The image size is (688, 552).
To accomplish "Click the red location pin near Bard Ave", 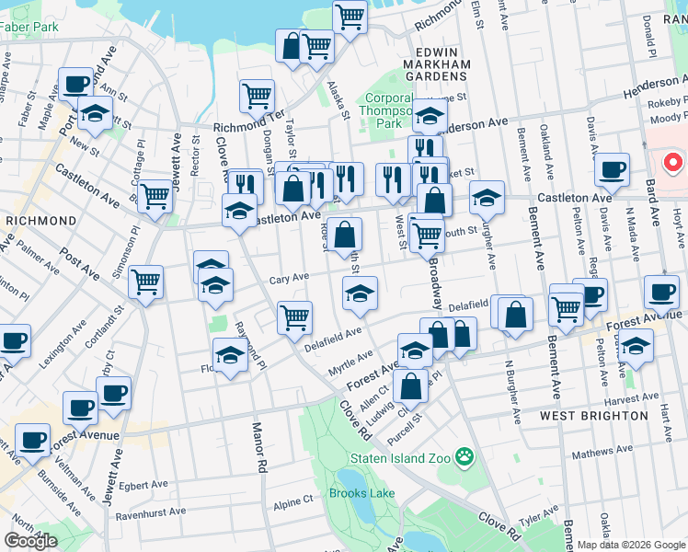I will pos(672,164).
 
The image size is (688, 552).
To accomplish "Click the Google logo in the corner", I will pos(31,541).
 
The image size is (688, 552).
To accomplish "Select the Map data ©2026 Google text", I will pos(630,545).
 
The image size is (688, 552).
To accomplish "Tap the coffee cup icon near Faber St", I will pos(75,84).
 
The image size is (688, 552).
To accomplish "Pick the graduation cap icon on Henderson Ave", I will pos(429,116).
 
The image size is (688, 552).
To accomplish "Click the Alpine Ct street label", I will pos(293,501).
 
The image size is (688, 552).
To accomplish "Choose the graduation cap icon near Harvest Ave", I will pos(636,347).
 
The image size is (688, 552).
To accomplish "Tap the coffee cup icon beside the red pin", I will pos(612,168).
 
